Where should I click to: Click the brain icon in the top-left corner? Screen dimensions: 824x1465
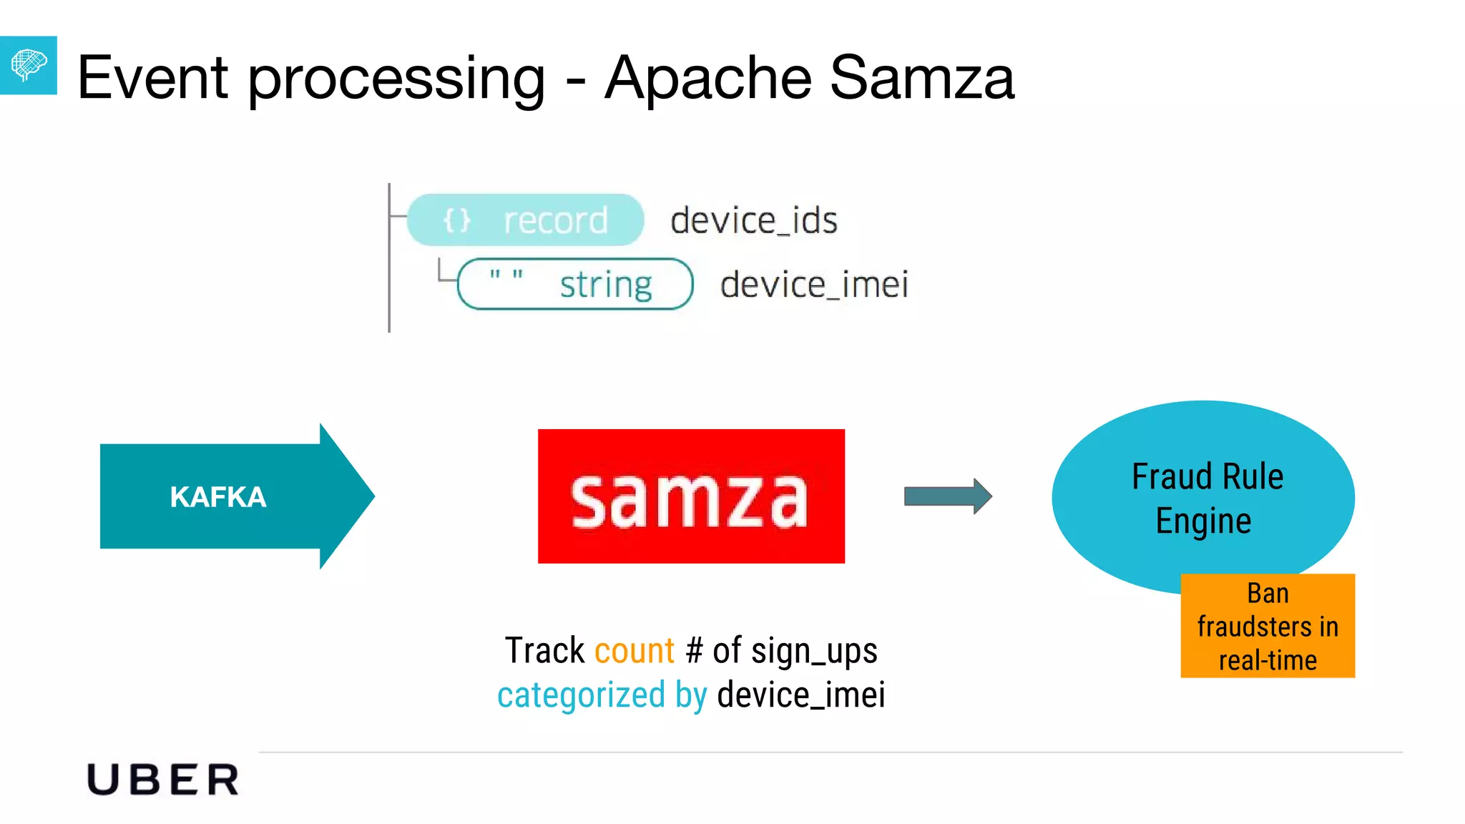tap(29, 65)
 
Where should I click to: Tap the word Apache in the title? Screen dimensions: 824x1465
tap(708, 77)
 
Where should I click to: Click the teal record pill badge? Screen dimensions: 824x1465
tap(525, 220)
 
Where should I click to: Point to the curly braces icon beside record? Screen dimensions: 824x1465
tap(457, 220)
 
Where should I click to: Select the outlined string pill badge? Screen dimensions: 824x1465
tap(574, 284)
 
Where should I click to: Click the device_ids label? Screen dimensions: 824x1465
tap(754, 220)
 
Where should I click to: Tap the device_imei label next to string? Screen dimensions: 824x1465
tap(814, 284)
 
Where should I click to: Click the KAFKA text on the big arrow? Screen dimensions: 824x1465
tap(218, 496)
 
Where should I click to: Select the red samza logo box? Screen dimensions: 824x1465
tap(691, 496)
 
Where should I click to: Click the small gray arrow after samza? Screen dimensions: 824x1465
tap(947, 496)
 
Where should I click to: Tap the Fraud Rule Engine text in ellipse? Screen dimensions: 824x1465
tap(1206, 498)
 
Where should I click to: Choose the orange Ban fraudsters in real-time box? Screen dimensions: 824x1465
tap(1268, 626)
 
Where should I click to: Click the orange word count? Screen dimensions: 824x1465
tap(634, 651)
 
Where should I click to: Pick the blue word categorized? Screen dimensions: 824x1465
tap(581, 695)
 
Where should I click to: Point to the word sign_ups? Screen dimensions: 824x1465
tap(814, 651)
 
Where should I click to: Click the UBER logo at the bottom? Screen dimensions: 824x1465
tap(163, 780)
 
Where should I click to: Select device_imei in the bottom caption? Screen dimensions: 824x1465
tap(801, 695)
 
